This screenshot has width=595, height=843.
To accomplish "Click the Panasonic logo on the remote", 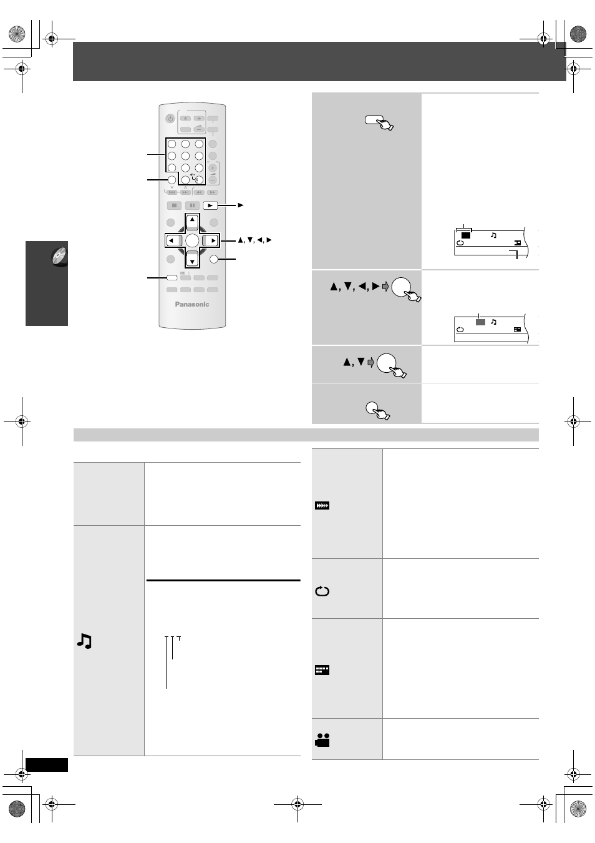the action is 191,304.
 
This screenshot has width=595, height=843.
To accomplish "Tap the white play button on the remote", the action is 210,205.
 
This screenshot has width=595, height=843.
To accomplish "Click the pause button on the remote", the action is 192,205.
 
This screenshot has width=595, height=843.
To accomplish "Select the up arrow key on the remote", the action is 192,221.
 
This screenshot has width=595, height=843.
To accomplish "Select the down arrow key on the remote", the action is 192,260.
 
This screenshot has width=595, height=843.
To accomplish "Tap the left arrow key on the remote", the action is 173,240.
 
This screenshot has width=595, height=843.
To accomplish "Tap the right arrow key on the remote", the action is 211,240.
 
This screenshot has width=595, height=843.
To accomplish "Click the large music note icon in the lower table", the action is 84,641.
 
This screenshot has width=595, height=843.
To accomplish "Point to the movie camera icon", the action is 322,740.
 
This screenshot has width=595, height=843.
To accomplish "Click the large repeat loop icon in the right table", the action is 322,591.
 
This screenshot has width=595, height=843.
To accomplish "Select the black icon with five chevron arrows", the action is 322,505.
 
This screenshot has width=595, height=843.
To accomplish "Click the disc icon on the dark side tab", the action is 59,257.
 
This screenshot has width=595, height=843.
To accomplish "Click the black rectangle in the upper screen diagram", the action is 466,235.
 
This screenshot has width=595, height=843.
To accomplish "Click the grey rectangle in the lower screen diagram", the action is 480,322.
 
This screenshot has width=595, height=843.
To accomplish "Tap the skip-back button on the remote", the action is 172,192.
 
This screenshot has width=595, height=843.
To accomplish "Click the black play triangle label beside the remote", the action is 241,205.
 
